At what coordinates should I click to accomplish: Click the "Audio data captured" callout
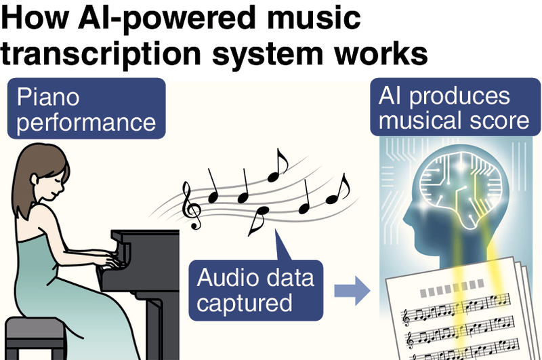click(x=257, y=291)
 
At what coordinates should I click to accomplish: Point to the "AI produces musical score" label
click(x=452, y=108)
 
